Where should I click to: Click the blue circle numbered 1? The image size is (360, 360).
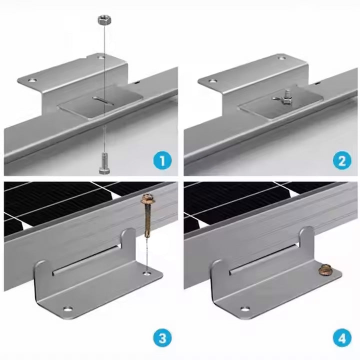coord(162,160)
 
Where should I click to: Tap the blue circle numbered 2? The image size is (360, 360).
coord(342,160)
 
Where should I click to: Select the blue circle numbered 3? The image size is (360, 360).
coord(162,338)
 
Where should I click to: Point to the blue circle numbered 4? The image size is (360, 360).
coord(342,338)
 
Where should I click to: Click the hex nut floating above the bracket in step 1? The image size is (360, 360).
coord(104,20)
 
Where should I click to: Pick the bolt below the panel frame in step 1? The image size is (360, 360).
coord(104,163)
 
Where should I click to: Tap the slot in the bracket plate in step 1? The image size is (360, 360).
coord(103,100)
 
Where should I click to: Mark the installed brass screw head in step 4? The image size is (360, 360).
coord(324,269)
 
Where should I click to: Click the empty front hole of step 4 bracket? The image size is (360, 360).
coord(245,309)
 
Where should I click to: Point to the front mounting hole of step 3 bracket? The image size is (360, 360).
coord(68,309)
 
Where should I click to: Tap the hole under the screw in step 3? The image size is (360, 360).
coord(147,273)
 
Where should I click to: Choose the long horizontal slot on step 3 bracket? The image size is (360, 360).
coord(86,259)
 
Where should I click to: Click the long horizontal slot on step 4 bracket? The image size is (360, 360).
coord(263,259)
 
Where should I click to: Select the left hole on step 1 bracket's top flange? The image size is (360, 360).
coord(32,80)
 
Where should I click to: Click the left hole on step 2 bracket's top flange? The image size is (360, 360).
coord(213,81)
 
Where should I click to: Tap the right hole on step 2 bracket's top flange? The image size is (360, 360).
coord(282,58)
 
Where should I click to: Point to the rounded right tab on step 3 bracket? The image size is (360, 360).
coord(128,240)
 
